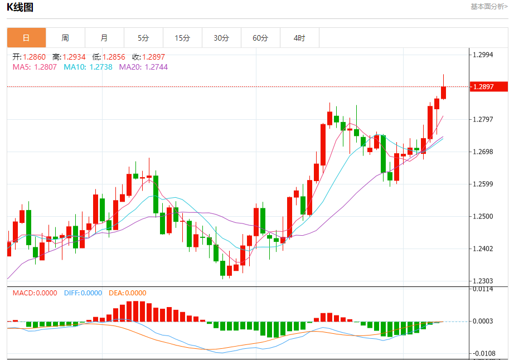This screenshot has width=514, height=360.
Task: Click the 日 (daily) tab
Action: pyautogui.click(x=26, y=38)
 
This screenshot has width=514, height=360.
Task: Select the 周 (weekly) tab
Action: pyautogui.click(x=65, y=38)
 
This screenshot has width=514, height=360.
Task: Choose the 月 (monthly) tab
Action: pyautogui.click(x=104, y=38)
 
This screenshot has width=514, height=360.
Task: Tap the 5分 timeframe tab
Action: pyautogui.click(x=143, y=38)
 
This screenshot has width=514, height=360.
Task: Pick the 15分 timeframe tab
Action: pyautogui.click(x=182, y=38)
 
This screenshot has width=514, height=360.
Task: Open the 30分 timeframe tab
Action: pyautogui.click(x=221, y=38)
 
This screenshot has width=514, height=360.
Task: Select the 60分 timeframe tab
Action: pyautogui.click(x=260, y=38)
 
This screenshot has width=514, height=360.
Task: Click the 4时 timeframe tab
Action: pyautogui.click(x=299, y=38)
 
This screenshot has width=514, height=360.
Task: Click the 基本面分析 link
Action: pyautogui.click(x=489, y=7)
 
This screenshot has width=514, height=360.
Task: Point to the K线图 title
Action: pyautogui.click(x=20, y=7)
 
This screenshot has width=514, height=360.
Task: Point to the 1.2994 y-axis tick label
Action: pyautogui.click(x=483, y=55)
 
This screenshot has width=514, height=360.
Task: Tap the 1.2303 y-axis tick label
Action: pyautogui.click(x=483, y=281)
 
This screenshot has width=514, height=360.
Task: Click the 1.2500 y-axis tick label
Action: pyautogui.click(x=483, y=216)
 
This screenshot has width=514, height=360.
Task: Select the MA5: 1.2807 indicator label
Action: pyautogui.click(x=35, y=67)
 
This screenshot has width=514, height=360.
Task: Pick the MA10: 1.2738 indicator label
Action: pyautogui.click(x=88, y=67)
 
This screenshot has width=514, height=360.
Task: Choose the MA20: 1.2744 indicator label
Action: pyautogui.click(x=143, y=67)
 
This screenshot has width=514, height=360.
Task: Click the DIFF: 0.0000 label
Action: pyautogui.click(x=83, y=293)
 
